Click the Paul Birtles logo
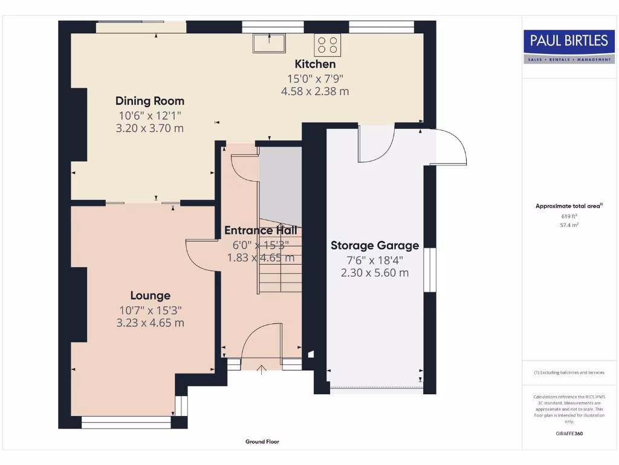point(568,46)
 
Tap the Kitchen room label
point(315,64)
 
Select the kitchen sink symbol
point(270,43)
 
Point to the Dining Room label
point(150,101)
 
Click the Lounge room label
point(151,295)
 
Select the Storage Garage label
point(375,245)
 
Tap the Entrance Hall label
point(261,231)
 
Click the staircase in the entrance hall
point(279,260)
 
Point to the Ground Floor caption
point(262,442)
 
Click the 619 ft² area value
point(569,216)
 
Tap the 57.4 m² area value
point(569,224)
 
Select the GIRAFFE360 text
point(569,434)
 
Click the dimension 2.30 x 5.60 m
point(375,272)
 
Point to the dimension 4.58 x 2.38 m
point(315,91)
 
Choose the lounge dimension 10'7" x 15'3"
point(151,310)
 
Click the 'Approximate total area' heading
point(568,206)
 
